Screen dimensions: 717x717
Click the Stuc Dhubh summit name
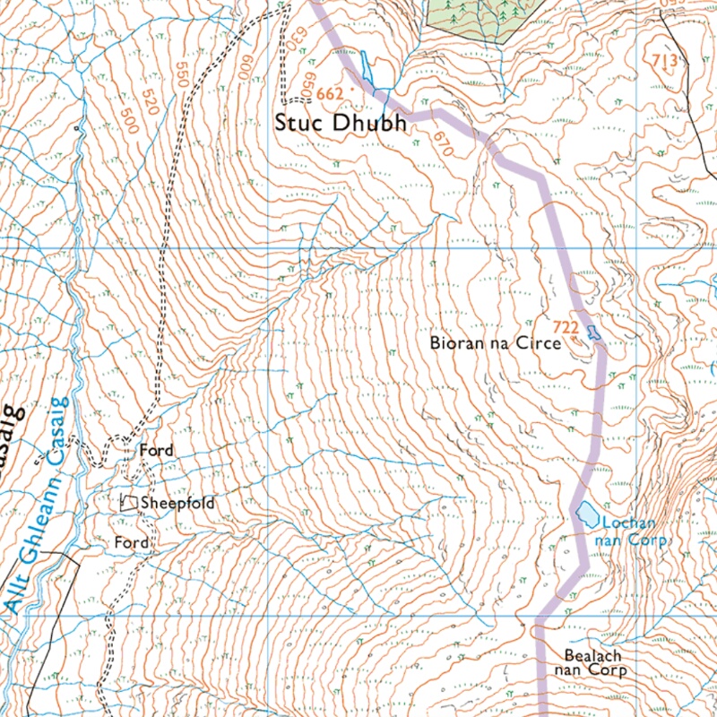345,123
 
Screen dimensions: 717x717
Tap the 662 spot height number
330,93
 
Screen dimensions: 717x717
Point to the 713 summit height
664,61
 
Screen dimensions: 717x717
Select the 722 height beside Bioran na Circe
565,327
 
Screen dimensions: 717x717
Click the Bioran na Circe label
495,342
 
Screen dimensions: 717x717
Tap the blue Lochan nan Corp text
635,532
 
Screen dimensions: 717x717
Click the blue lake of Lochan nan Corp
588,514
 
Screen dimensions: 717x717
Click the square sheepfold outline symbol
130,504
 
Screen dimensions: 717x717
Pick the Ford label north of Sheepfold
156,450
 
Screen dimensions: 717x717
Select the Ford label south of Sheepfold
131,543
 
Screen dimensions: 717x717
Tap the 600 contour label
244,70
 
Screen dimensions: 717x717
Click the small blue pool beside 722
592,333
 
